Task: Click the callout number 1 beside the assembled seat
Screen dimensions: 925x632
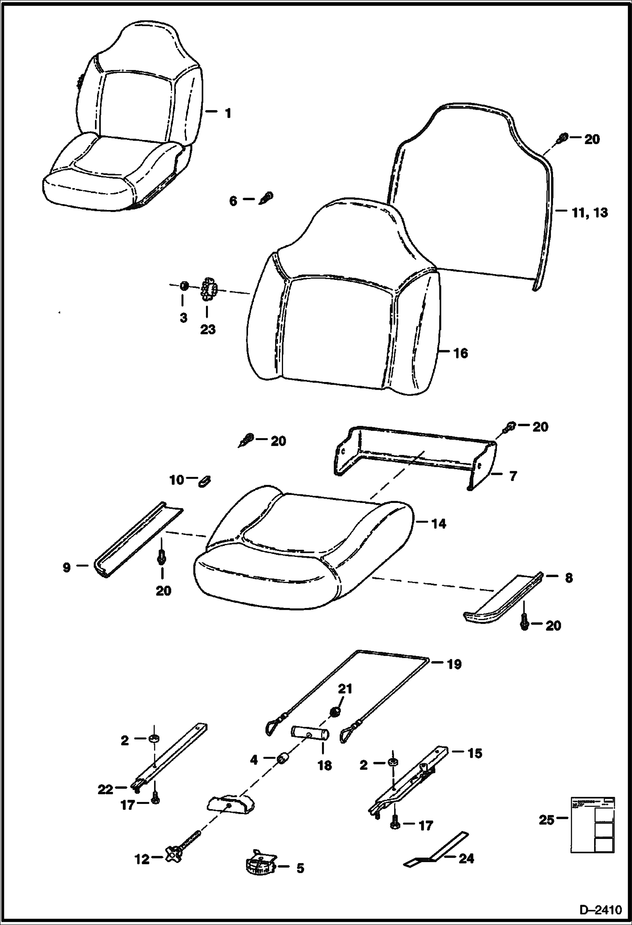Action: [228, 113]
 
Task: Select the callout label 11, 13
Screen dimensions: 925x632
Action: [590, 212]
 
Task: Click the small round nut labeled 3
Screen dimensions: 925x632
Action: [184, 286]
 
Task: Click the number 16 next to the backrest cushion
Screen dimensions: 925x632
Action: [461, 353]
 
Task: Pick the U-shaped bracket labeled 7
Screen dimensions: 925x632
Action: [416, 460]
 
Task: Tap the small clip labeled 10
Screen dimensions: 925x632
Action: [205, 481]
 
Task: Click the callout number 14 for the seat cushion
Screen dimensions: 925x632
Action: [439, 524]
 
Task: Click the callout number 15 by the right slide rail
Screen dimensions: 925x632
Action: [475, 753]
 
